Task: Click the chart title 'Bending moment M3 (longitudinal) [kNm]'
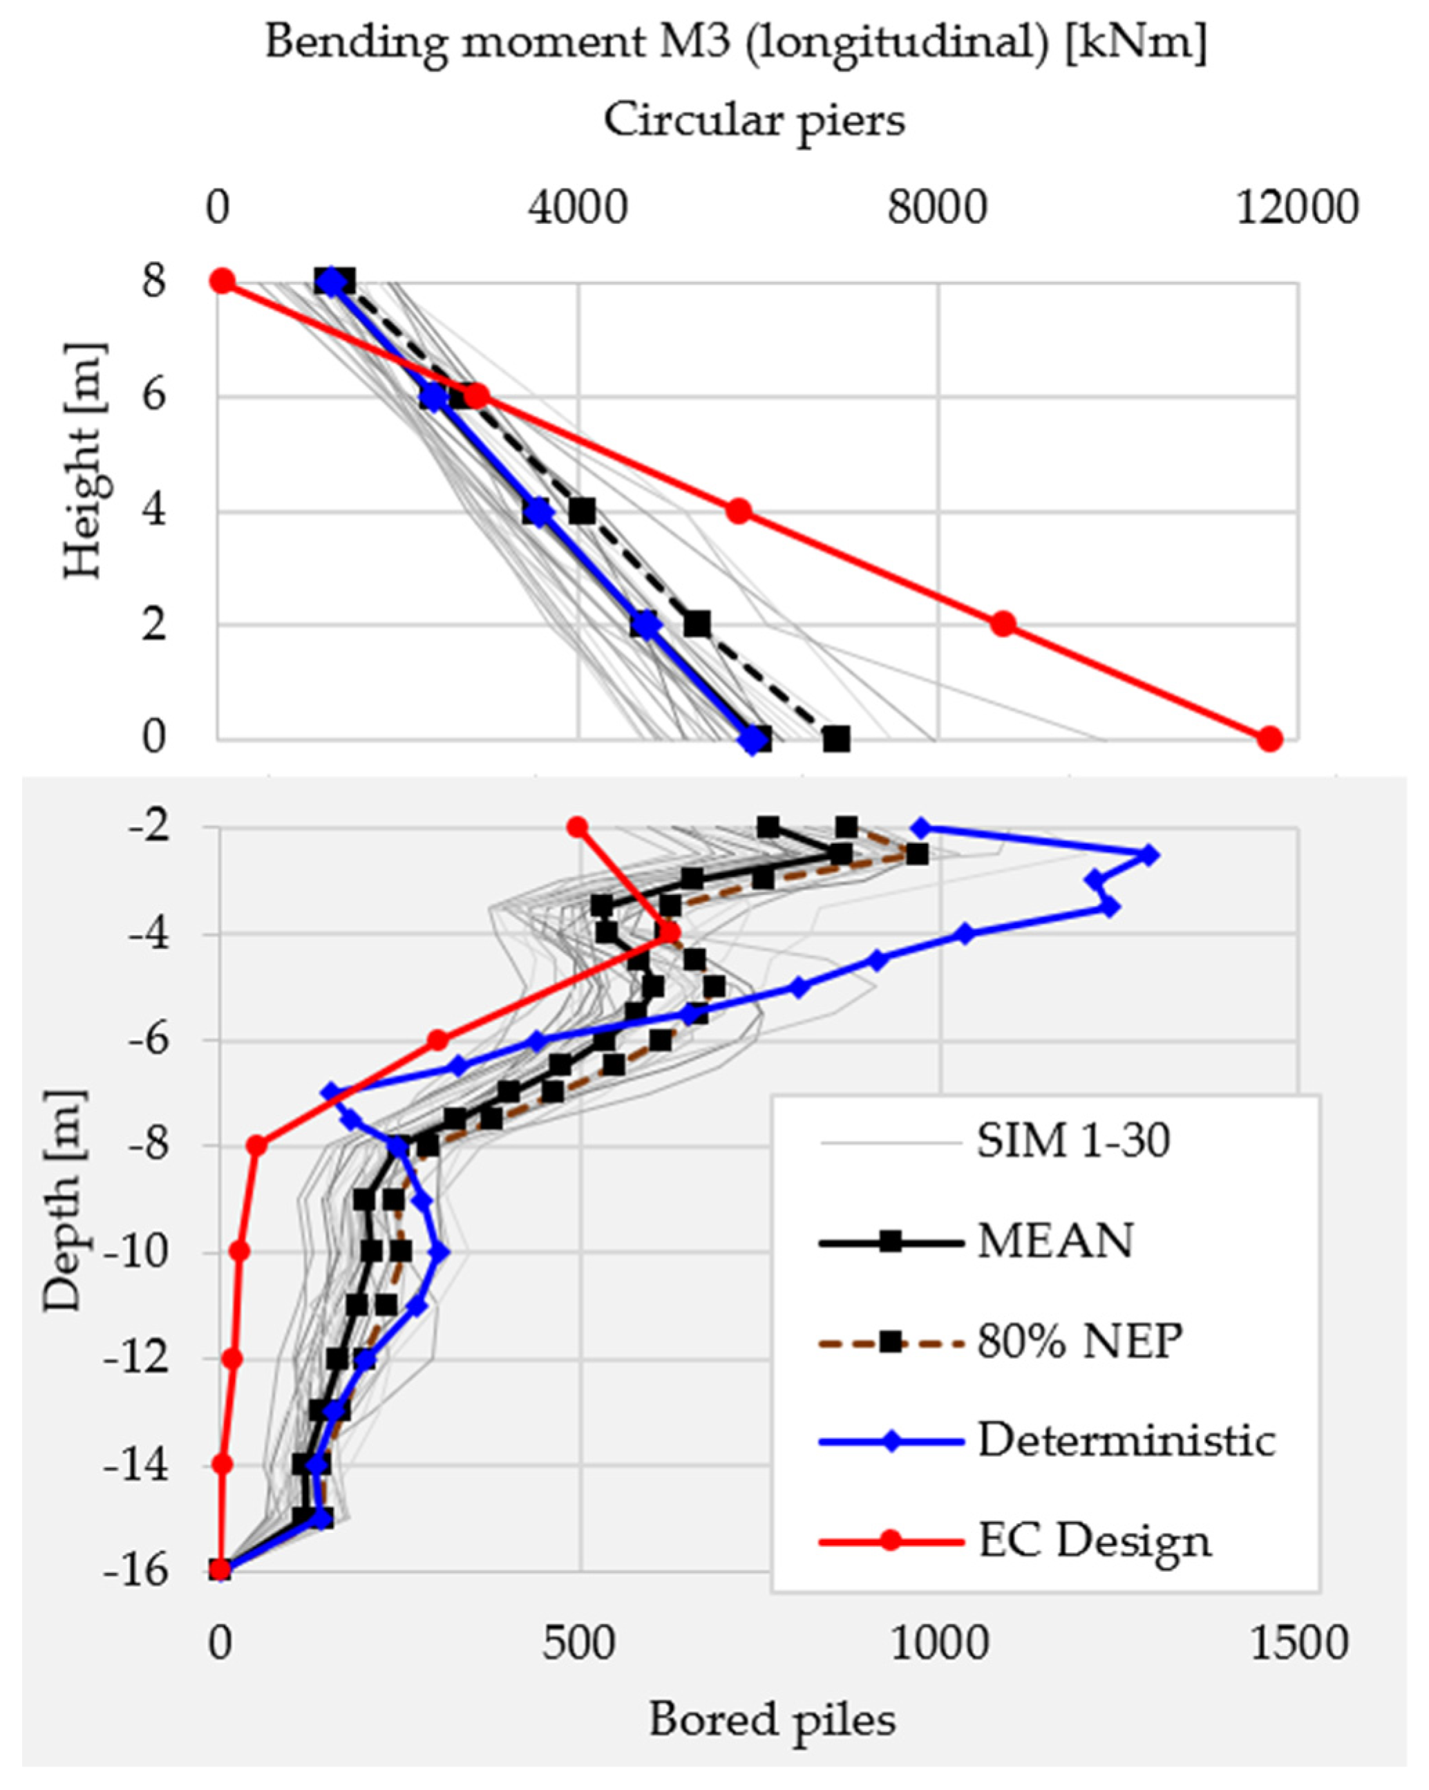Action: pos(735,43)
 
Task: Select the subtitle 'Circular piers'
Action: pos(753,121)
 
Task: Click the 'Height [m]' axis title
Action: pos(83,461)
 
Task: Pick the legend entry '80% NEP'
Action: pos(1078,1341)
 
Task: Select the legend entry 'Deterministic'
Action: pos(1125,1440)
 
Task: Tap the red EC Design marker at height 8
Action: pos(222,281)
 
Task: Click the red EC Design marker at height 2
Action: pos(1003,623)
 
